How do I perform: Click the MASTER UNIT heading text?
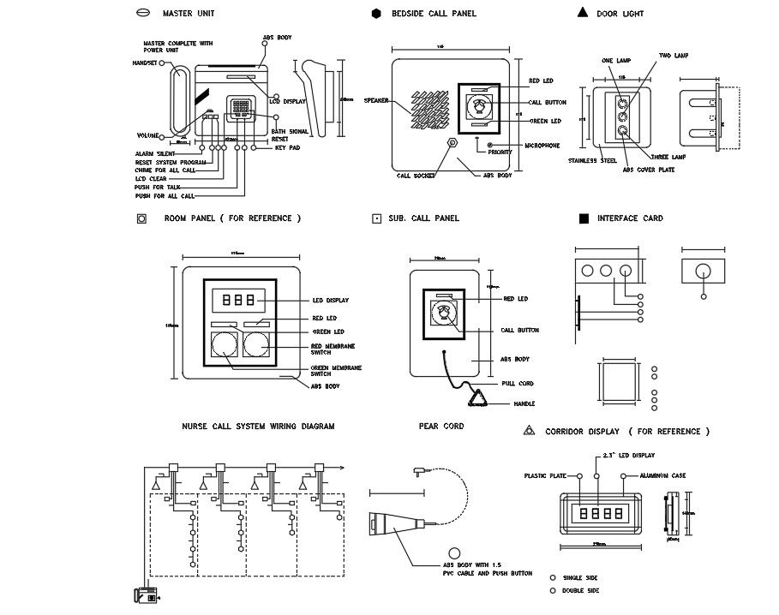click(189, 14)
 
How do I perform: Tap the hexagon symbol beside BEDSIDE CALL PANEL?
click(376, 14)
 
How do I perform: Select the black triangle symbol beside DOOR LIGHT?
click(582, 13)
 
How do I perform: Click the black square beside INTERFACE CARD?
click(584, 218)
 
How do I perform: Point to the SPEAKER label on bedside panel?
click(376, 101)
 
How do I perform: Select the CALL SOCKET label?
click(416, 176)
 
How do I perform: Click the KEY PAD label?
click(287, 148)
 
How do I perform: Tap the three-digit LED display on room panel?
click(237, 302)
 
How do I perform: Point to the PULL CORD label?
click(518, 384)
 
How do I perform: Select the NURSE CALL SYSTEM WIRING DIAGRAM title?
click(258, 426)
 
